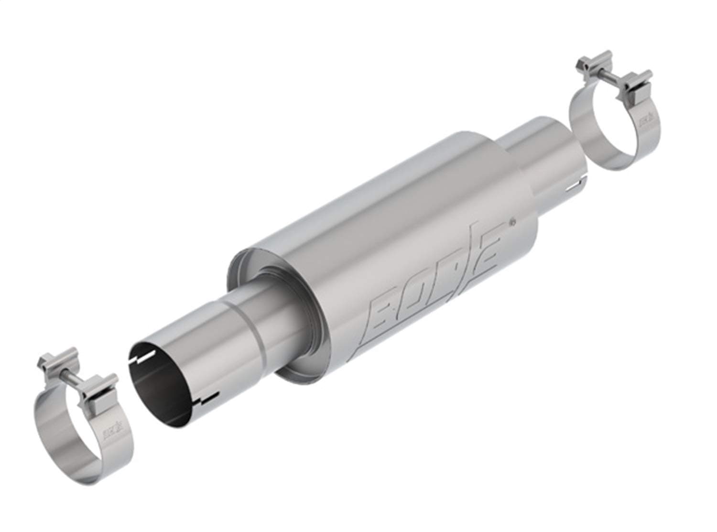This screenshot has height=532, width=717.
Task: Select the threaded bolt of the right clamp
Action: tap(617, 74)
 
